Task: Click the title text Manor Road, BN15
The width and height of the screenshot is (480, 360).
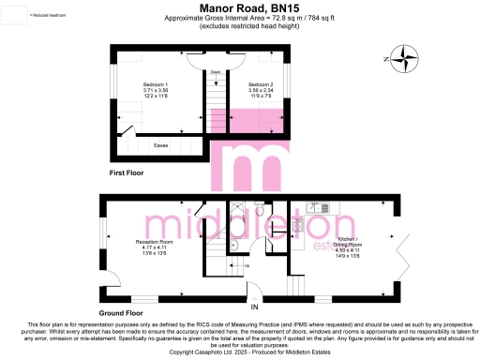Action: coord(239,7)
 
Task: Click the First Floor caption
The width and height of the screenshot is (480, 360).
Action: coord(129,174)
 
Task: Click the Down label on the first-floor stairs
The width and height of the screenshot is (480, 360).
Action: coord(215,72)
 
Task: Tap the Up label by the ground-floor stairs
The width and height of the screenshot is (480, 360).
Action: coord(247,266)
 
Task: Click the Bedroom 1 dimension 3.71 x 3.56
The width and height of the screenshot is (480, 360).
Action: coord(156,90)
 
